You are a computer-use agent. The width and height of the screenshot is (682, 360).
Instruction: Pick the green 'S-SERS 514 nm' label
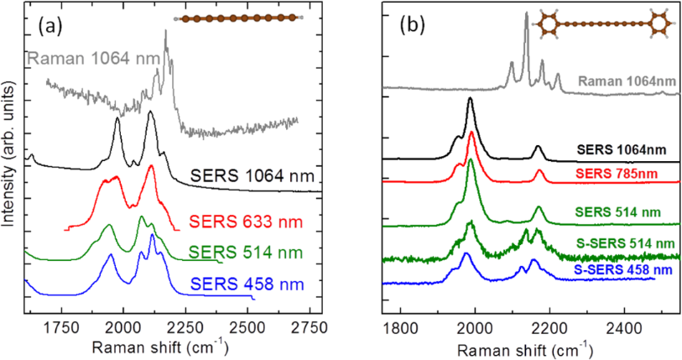coord(626,243)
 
